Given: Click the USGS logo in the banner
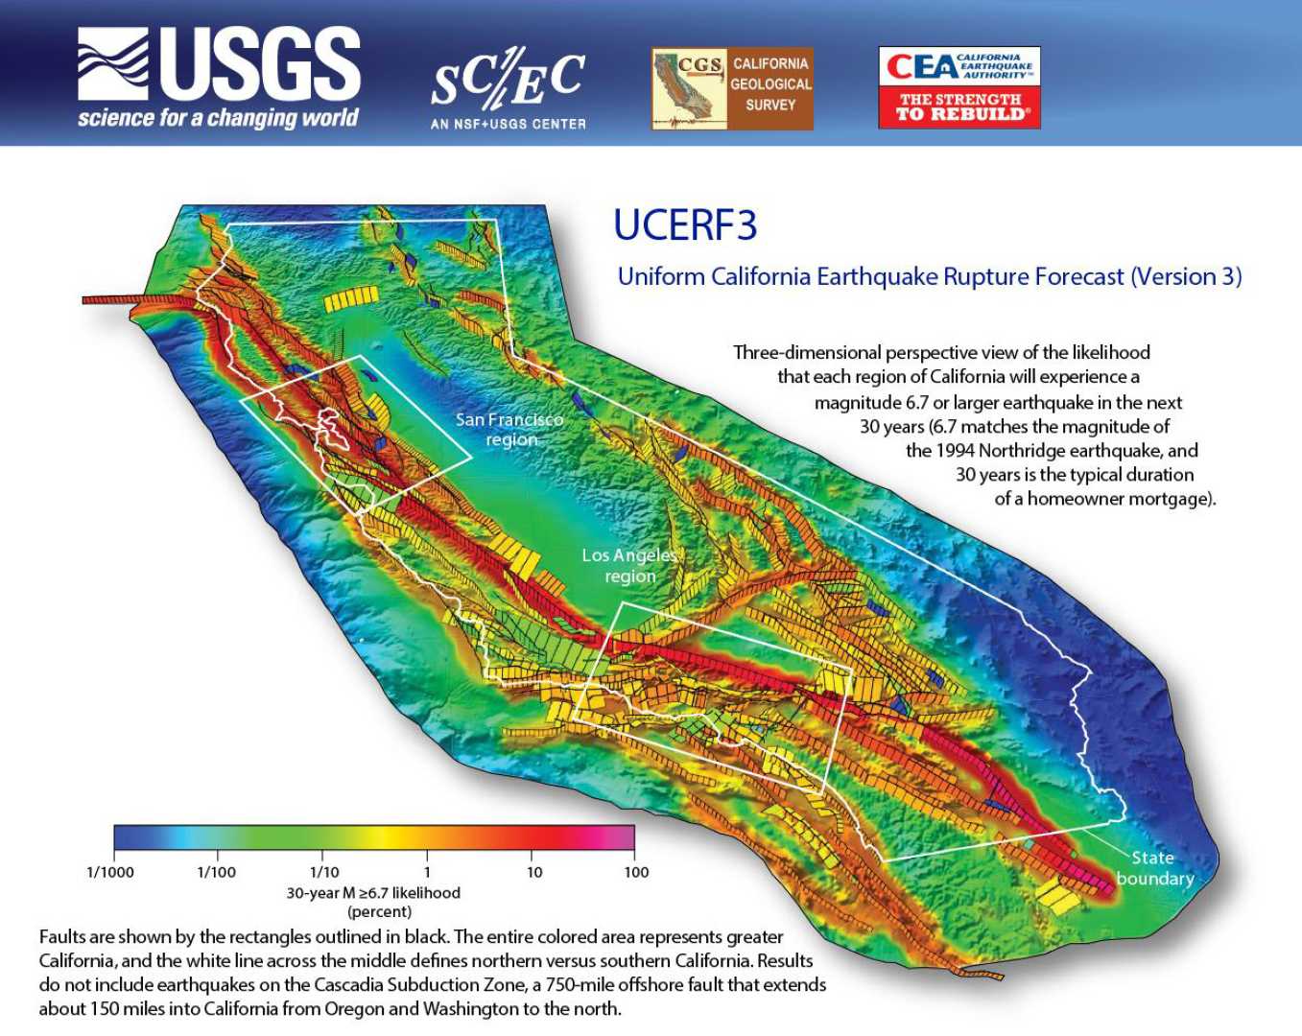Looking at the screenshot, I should point(219,77).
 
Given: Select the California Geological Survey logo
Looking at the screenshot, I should point(732,89).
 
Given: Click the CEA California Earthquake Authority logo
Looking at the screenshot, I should point(959,87).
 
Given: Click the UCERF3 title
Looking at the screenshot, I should point(685,225).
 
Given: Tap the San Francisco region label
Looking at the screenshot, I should point(509,429).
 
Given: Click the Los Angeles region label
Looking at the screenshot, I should point(629,566).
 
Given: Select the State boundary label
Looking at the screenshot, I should point(1154,868).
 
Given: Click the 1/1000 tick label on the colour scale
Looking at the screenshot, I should point(110,872).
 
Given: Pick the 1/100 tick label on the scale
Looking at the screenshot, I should point(216,872).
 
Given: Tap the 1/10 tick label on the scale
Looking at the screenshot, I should point(324,872).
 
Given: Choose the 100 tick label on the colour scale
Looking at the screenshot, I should point(636,872).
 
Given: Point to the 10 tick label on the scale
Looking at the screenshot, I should point(534,872).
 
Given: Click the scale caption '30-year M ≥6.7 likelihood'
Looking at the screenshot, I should point(373,892).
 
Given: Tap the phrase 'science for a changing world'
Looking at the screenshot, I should point(218,118).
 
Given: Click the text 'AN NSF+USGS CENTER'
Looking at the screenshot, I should point(508,124).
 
